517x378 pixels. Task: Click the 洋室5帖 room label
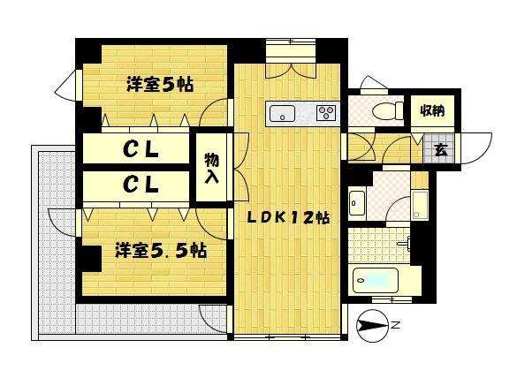coord(160,85)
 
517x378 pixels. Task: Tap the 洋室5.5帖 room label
coord(161,251)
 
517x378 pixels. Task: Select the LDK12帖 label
coord(288,217)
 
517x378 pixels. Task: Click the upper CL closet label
coord(141,150)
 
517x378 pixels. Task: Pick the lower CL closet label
coord(141,185)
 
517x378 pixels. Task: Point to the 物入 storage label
coord(212,168)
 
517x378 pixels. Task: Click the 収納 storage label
coord(432,110)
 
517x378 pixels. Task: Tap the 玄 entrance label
coord(441,150)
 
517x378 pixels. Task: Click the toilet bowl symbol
coord(387,110)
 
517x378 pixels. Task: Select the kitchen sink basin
coord(282,114)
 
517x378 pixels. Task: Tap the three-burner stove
coord(326,113)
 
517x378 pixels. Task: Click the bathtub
coord(376,281)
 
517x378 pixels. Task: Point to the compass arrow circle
coord(372,326)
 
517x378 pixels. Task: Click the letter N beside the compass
coord(396,325)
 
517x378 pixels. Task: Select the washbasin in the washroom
coord(357,203)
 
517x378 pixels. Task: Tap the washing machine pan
coord(420,205)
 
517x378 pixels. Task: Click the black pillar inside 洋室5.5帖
coord(88,259)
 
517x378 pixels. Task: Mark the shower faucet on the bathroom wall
coord(406,244)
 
